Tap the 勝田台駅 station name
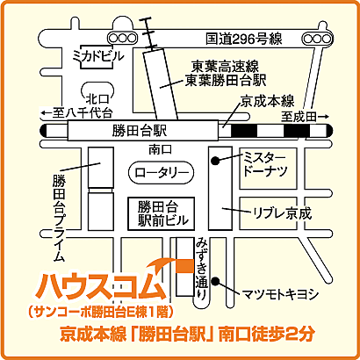point(140,131)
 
